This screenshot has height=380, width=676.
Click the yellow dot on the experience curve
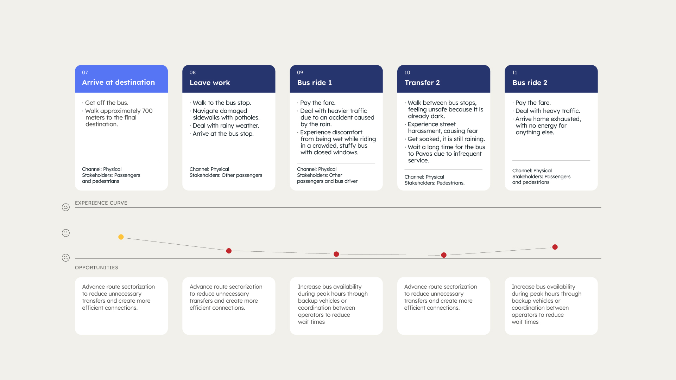(x=121, y=237)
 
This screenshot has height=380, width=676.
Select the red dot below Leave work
(x=229, y=251)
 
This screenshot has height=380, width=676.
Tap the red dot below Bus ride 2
(x=555, y=247)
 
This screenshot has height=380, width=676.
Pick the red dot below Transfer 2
(x=444, y=255)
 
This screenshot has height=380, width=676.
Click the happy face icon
(x=66, y=207)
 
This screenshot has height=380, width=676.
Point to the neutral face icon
(x=66, y=233)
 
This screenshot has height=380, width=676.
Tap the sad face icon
(x=66, y=258)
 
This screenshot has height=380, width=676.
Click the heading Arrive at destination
(x=118, y=82)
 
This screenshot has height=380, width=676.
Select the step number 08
(x=192, y=72)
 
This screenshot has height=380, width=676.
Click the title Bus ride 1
(x=314, y=83)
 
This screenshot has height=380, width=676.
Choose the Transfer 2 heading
(x=422, y=83)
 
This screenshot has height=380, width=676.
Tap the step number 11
(x=515, y=72)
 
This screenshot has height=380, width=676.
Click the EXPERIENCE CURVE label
(x=101, y=203)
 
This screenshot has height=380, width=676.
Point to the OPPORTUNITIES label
(x=96, y=268)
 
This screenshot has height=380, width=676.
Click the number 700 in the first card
(x=147, y=111)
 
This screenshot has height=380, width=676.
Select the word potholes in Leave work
(x=247, y=118)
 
